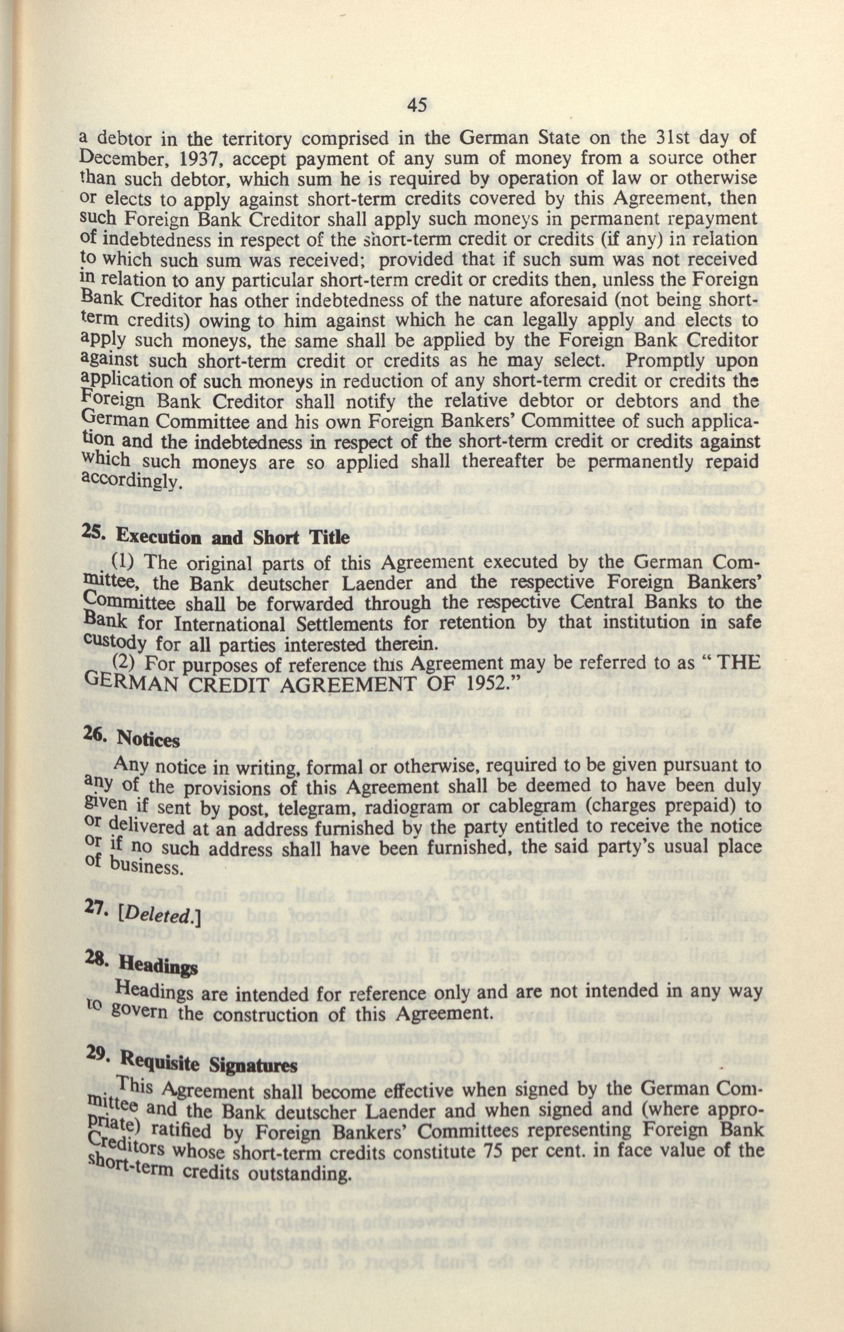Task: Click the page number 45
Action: [416, 105]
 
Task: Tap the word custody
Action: [116, 643]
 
